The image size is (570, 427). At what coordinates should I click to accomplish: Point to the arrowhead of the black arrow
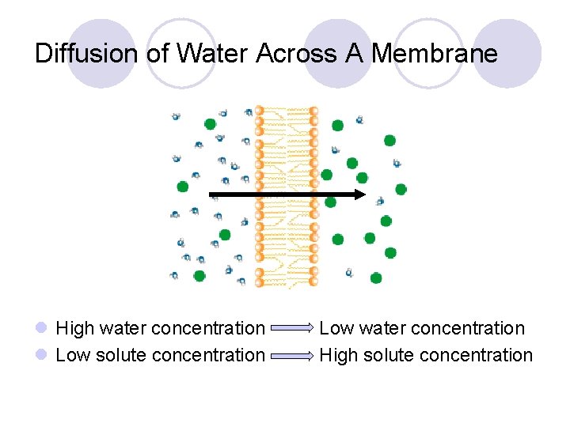click(x=360, y=194)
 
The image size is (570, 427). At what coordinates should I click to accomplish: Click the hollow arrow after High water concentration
click(x=292, y=328)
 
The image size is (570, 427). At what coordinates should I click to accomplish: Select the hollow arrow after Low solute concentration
click(x=292, y=356)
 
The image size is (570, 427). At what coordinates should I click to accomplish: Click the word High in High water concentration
click(x=74, y=328)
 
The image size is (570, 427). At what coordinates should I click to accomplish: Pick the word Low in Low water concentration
click(x=336, y=328)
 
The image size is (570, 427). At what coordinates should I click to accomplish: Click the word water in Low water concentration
click(x=383, y=328)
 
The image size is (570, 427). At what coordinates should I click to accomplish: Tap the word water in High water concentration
click(x=122, y=328)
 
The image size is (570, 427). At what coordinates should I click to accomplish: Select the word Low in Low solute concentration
click(x=73, y=355)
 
